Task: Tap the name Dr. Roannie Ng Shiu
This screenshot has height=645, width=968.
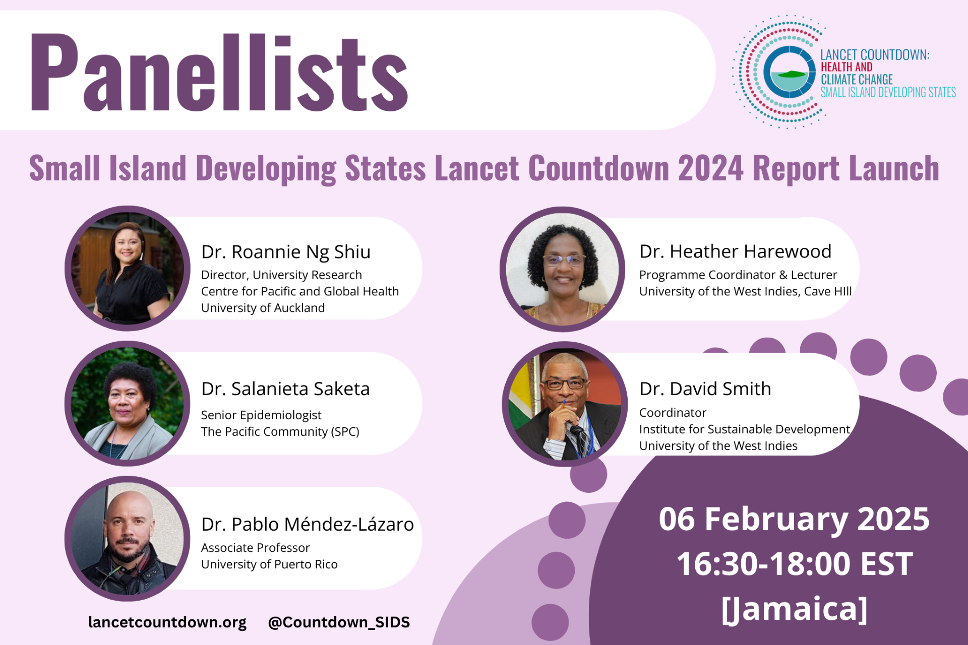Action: pos(285,252)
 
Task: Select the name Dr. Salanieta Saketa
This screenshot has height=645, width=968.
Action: pos(285,389)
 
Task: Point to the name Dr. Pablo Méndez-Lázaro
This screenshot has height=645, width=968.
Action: pos(307,525)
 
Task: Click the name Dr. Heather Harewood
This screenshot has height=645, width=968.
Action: pos(735,251)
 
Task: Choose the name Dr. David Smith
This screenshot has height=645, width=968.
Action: pos(705,389)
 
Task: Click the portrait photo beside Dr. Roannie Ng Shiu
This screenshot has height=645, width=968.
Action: pos(128,269)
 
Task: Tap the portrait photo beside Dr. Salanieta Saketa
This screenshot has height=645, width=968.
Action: pos(128,404)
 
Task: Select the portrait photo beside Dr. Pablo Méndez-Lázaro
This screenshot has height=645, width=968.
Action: pos(128,539)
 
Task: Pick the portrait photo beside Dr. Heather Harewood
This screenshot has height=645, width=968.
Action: pos(563,270)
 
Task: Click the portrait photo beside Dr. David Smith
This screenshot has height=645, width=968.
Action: pos(565,404)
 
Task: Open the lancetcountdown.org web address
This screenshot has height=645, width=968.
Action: pos(167,622)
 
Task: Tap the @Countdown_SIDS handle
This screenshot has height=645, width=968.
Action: pos(339,622)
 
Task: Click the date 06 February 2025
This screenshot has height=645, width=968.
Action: pos(794,520)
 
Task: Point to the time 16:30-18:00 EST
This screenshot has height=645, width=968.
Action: pos(794,564)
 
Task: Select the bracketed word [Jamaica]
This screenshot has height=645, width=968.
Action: pos(794,609)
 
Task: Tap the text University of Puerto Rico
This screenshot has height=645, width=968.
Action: pos(269,564)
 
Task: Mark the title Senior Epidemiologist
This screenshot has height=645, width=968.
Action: pos(261,415)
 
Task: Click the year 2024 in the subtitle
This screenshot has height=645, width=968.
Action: pos(710,168)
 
